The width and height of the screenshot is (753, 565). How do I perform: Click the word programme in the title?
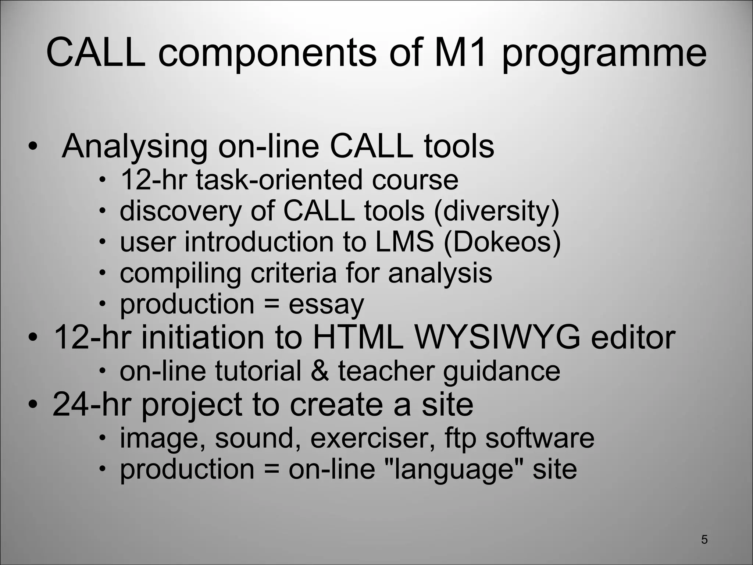tap(604, 54)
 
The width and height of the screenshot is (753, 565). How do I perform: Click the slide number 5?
tap(704, 539)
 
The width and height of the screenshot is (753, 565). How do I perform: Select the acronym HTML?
tap(358, 337)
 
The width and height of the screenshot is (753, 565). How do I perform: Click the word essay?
tap(326, 305)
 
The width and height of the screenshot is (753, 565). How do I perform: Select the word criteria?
tap(293, 273)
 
